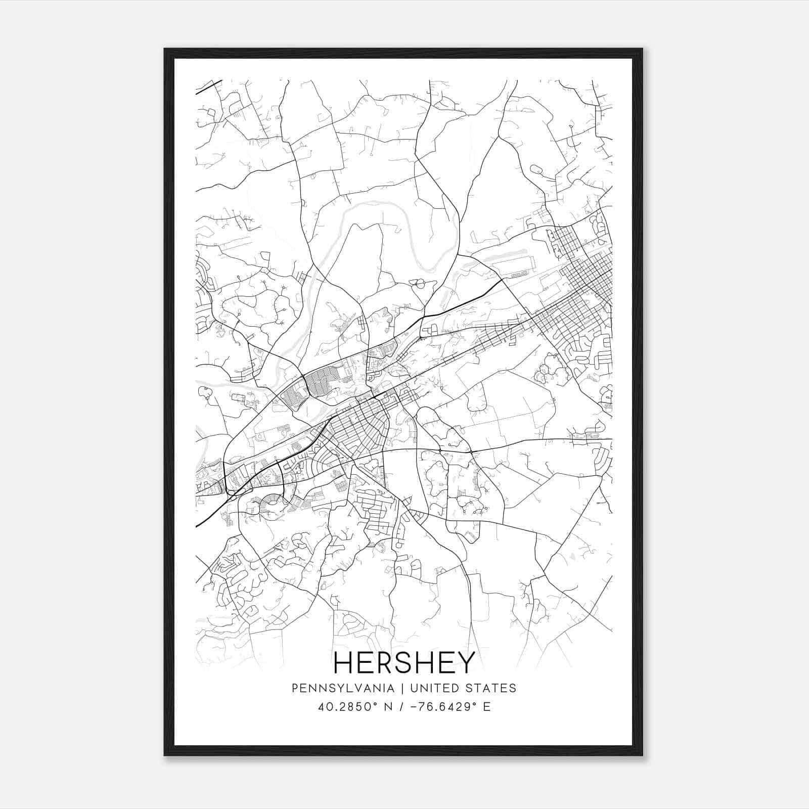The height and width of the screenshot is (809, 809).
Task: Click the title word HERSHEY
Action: coord(404,662)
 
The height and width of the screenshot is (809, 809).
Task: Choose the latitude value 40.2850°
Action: coord(345,706)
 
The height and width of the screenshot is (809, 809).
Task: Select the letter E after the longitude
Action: coord(486,706)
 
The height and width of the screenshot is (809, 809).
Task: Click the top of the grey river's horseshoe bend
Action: coord(377,202)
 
